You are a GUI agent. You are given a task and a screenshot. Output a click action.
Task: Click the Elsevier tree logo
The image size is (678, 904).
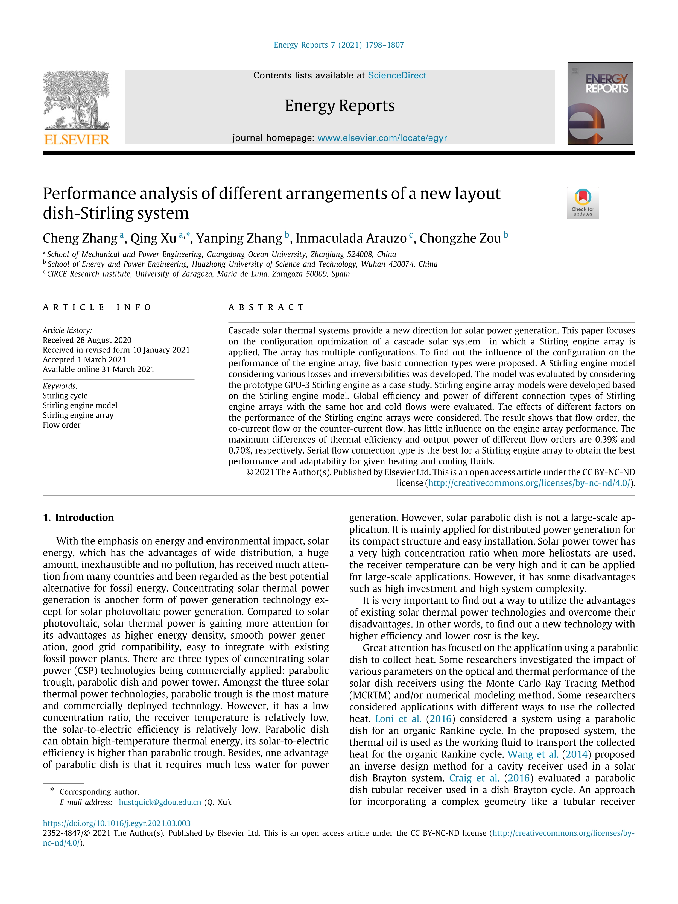tap(77, 100)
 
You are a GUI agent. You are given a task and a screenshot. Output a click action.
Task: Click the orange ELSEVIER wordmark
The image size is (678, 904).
tap(77, 140)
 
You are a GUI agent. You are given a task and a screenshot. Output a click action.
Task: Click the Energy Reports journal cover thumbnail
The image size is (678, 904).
tap(600, 103)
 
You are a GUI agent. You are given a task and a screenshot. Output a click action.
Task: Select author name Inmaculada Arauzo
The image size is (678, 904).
tap(351, 238)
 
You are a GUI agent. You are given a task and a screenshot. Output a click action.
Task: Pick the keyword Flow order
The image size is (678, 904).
tap(62, 425)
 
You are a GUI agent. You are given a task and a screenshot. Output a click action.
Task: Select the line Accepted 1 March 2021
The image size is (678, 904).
tap(84, 360)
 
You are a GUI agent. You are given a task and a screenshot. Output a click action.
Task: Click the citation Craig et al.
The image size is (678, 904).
tap(474, 778)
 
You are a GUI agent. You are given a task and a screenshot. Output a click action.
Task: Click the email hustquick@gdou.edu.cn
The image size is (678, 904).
tap(160, 802)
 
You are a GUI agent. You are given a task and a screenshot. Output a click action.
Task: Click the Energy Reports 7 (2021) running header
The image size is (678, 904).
tap(338, 45)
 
